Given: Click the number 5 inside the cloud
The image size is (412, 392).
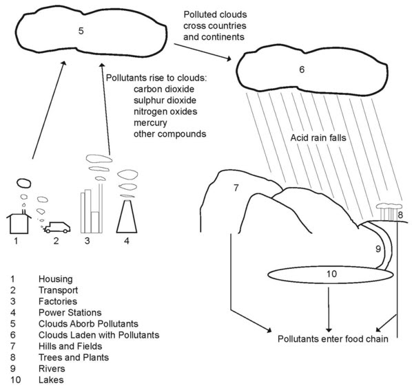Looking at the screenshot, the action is point(81,31).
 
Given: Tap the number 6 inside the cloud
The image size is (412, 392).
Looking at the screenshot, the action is point(302,69).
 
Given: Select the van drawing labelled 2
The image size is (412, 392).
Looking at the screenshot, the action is point(57,228).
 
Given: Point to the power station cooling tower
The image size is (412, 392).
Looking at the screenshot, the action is point(127,217).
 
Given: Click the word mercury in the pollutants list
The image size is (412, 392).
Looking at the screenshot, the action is point(150,122).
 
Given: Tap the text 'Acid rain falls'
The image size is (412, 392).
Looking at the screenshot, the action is point(318,138).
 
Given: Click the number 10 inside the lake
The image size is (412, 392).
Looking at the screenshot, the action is point(331,274).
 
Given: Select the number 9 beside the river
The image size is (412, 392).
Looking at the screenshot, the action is point(378,248).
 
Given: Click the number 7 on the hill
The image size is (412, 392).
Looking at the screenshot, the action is point(236,188).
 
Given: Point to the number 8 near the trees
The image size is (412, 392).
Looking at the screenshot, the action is point(400,215).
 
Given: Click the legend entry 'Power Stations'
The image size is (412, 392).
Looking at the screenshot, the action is point(70,312).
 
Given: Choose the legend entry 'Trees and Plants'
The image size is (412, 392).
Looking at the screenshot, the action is point(74,358).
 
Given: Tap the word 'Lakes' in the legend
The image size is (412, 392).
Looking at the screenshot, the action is point(51,380).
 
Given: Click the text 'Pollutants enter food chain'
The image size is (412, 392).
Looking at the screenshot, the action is point(333,339).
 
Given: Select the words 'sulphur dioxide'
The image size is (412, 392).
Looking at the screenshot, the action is point(165,100).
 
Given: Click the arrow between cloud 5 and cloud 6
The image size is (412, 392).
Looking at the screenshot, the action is point(203,52).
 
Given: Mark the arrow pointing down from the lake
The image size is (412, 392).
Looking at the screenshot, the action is point(329,310).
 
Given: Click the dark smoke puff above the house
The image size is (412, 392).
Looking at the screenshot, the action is point(24,183).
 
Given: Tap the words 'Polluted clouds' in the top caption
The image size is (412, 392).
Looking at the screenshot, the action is point(215,14).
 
